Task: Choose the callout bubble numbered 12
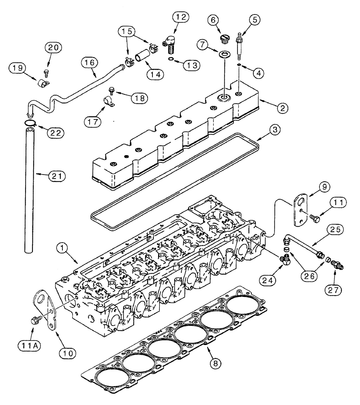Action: tap(180, 17)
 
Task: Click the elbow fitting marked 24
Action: tap(285, 259)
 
